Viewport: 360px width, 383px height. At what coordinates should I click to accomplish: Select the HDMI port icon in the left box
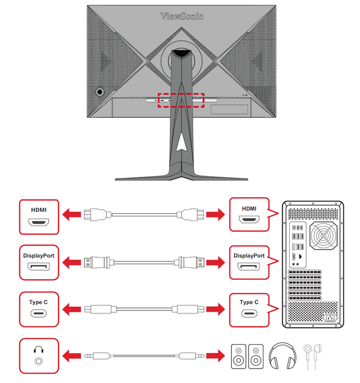pyautogui.click(x=39, y=222)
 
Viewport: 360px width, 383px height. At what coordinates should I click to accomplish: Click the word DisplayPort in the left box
pyautogui.click(x=39, y=255)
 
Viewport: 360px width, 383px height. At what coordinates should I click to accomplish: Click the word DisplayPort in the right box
pyautogui.click(x=248, y=255)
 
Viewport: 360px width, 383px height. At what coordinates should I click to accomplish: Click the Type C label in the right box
pyautogui.click(x=248, y=303)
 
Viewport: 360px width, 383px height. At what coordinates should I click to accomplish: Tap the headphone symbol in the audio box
pyautogui.click(x=39, y=349)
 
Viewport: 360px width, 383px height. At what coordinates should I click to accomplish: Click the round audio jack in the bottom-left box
pyautogui.click(x=40, y=362)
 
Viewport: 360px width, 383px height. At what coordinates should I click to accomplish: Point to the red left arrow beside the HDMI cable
pyautogui.click(x=73, y=214)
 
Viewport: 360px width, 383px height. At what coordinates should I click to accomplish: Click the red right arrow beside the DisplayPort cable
pyautogui.click(x=214, y=262)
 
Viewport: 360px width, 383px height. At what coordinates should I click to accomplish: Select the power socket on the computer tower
pyautogui.click(x=329, y=317)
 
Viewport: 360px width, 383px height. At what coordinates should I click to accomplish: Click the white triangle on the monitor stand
pyautogui.click(x=182, y=139)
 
